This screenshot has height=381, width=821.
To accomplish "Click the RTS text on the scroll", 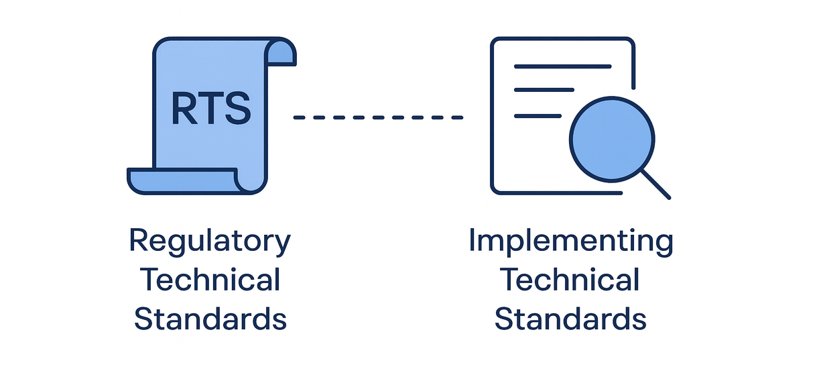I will pyautogui.click(x=210, y=107).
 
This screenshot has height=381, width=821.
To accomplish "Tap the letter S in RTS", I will pyautogui.click(x=237, y=107).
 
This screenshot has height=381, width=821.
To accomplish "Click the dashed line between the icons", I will pyautogui.click(x=378, y=117).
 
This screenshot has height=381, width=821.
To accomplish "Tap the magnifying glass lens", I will pyautogui.click(x=611, y=140).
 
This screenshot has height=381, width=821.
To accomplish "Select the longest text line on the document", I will pyautogui.click(x=562, y=66).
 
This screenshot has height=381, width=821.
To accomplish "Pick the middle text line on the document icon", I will pyautogui.click(x=544, y=89).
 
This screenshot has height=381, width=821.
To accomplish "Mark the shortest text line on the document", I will pyautogui.click(x=537, y=116).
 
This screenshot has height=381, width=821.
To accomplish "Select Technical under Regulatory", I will pyautogui.click(x=210, y=280).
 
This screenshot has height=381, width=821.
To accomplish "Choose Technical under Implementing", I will pyautogui.click(x=570, y=280).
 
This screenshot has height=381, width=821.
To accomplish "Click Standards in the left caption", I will pyautogui.click(x=210, y=319).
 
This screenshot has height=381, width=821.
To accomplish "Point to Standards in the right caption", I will pyautogui.click(x=570, y=319).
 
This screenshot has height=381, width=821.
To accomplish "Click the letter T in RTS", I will pyautogui.click(x=210, y=107).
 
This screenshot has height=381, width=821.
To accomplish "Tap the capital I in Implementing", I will pyautogui.click(x=472, y=240).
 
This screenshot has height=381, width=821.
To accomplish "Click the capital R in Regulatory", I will pyautogui.click(x=138, y=240).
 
